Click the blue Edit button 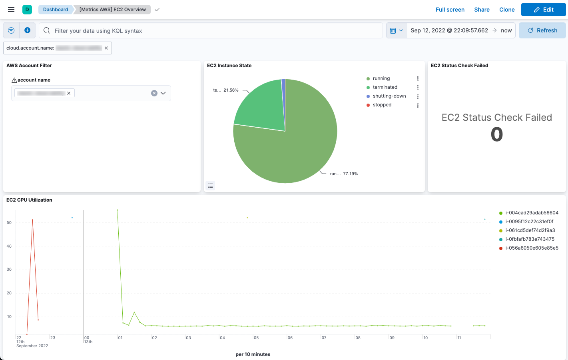[x=543, y=10]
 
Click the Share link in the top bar [x=482, y=10]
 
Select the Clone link [x=507, y=10]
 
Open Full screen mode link [x=450, y=10]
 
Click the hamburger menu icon [x=11, y=10]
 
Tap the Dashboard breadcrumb [x=56, y=10]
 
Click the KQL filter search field [x=216, y=31]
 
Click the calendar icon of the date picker [x=393, y=31]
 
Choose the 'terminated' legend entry [x=385, y=87]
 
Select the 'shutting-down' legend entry [x=389, y=96]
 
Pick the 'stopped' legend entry [x=382, y=105]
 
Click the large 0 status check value [x=496, y=134]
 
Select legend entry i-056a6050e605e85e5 [x=532, y=248]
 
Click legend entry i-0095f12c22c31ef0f [x=529, y=222]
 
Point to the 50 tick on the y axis [x=9, y=223]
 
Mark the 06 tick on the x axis [x=290, y=338]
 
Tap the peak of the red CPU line [x=32, y=220]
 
